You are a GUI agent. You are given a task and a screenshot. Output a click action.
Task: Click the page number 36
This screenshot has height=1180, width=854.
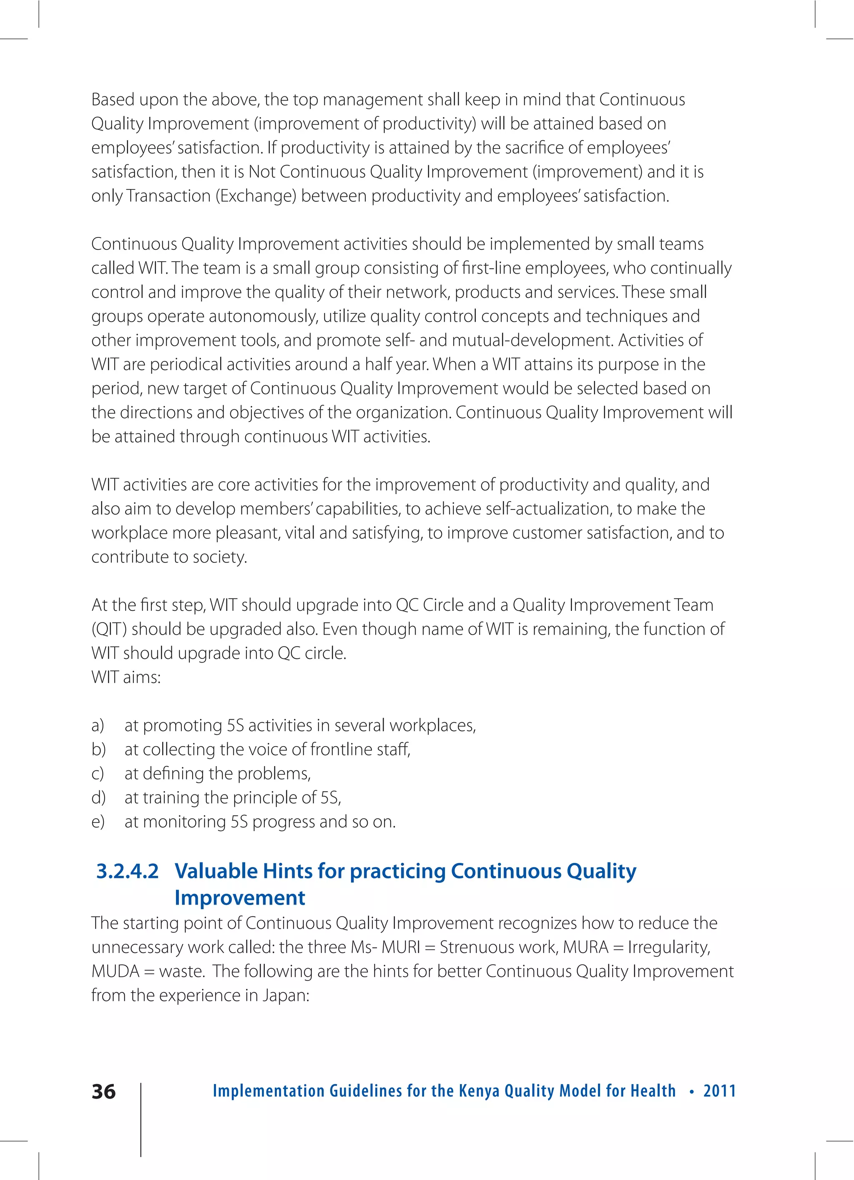[103, 1092]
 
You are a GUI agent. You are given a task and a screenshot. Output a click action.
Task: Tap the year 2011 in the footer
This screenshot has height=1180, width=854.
[719, 1091]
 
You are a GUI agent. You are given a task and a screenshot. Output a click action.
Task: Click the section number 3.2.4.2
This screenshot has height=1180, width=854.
[128, 871]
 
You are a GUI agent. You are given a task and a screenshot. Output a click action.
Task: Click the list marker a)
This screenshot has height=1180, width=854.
[98, 725]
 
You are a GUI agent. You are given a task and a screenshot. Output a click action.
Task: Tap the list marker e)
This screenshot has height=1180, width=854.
[98, 822]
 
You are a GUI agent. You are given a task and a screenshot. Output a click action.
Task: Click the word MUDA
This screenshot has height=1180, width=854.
[116, 971]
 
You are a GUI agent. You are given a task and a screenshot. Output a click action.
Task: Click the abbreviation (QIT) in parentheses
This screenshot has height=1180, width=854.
[109, 629]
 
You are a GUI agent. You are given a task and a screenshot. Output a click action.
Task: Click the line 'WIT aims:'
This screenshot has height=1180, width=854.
[126, 677]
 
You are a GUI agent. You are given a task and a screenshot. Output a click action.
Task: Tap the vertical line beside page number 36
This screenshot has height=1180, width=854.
[141, 1119]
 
